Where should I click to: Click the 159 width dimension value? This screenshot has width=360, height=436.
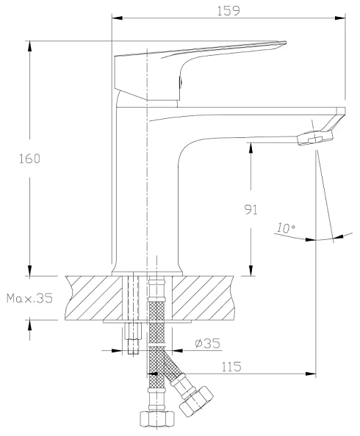(x=228, y=11)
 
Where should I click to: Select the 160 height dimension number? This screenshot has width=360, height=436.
(x=29, y=159)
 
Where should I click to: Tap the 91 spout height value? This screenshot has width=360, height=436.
(x=251, y=209)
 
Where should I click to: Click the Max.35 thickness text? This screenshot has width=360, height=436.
(x=29, y=298)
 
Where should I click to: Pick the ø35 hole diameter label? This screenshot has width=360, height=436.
(x=207, y=344)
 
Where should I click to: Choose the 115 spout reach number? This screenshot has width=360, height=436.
(x=231, y=367)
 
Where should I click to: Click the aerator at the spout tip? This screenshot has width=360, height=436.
(x=315, y=138)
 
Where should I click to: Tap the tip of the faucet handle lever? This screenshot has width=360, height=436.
(x=285, y=43)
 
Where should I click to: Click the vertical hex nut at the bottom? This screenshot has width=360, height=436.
(x=156, y=418)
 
